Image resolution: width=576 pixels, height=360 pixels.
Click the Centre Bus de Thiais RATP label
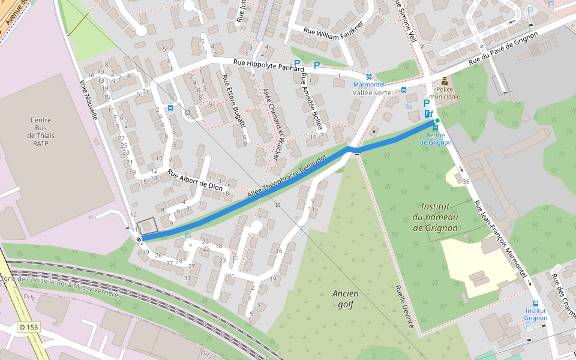(41, 131)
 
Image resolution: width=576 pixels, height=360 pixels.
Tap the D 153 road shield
(28, 328)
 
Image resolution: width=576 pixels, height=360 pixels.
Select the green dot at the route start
(437, 121)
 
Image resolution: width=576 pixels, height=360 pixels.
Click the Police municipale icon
(444, 82)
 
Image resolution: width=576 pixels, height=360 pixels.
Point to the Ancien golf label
(344, 299)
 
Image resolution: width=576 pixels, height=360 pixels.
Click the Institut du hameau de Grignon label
(436, 217)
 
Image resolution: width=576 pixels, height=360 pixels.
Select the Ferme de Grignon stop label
(436, 139)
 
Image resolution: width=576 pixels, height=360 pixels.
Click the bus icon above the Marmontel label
(368, 77)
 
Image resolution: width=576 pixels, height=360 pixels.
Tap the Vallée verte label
(371, 92)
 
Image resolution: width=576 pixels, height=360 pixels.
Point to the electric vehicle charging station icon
(428, 113)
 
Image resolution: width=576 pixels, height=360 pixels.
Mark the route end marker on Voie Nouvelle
(139, 239)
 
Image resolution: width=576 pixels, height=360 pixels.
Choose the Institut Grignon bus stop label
(535, 314)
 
